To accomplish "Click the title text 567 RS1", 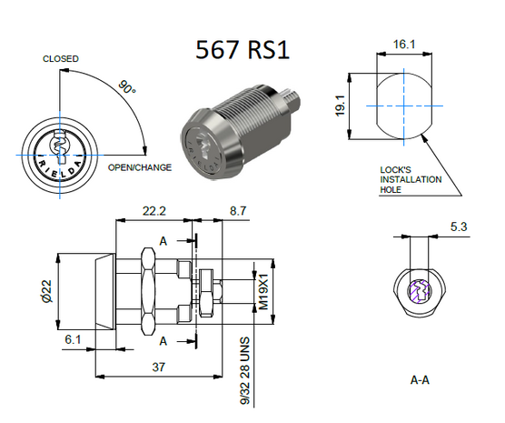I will pos(243,49).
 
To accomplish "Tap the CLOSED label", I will pos(61,59).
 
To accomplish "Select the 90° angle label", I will pos(127,89).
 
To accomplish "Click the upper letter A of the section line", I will pos(162,241).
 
